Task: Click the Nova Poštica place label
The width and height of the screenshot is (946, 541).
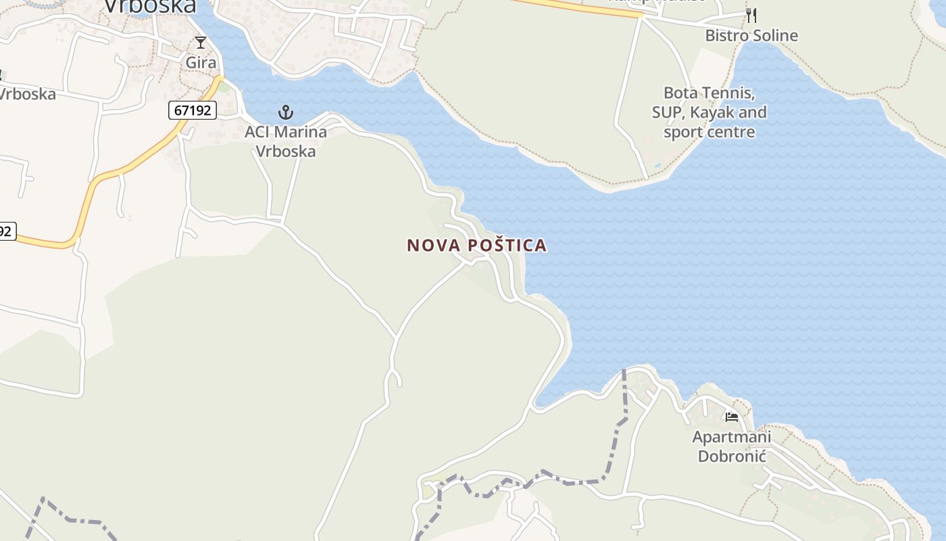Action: [476, 245]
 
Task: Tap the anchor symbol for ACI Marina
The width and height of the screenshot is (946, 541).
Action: [286, 112]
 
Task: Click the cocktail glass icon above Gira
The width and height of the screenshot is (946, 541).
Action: [200, 43]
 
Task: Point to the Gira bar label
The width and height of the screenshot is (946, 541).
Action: [201, 63]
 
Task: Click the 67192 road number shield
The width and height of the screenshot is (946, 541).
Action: [193, 110]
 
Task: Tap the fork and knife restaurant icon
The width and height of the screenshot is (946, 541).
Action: [751, 16]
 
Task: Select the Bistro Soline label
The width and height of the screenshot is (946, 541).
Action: [751, 35]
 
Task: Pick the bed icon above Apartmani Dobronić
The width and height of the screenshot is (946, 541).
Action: [731, 417]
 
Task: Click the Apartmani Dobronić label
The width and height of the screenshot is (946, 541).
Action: [732, 446]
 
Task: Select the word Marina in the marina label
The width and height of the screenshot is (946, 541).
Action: [297, 132]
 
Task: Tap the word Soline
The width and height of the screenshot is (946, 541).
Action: [773, 35]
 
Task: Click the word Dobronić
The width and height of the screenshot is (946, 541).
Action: [732, 456]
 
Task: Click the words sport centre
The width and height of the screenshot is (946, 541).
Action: [709, 132]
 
